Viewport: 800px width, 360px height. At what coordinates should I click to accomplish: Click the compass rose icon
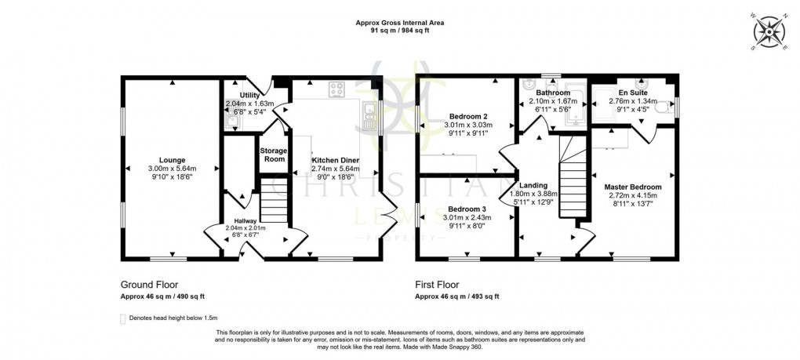pyautogui.click(x=769, y=32)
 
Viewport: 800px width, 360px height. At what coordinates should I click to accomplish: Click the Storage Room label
pyautogui.click(x=274, y=154)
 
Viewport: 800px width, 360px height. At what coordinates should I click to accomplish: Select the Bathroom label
pyautogui.click(x=553, y=93)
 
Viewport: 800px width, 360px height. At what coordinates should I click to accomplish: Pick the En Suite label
pyautogui.click(x=632, y=92)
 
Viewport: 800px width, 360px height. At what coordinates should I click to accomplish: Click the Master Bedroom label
pyautogui.click(x=633, y=187)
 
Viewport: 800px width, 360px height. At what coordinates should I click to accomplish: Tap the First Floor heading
pyautogui.click(x=438, y=285)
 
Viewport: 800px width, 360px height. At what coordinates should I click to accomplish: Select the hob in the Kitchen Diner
pyautogui.click(x=338, y=89)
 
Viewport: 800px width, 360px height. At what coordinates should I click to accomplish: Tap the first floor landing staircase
pyautogui.click(x=573, y=180)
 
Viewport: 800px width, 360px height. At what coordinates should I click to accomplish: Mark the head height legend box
pyautogui.click(x=122, y=318)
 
